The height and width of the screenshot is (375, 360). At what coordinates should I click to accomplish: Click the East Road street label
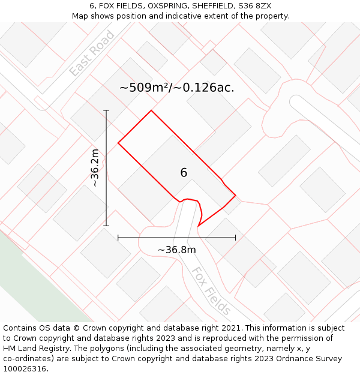pyautogui.click(x=92, y=53)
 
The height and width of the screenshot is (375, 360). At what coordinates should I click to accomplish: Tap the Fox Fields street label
pyautogui.click(x=211, y=291)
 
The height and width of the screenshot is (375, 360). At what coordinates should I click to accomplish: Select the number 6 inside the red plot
pyautogui.click(x=184, y=173)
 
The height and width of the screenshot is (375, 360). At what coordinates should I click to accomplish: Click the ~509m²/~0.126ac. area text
pyautogui.click(x=176, y=88)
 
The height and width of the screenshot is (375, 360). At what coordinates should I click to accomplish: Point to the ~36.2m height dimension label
pyautogui.click(x=95, y=169)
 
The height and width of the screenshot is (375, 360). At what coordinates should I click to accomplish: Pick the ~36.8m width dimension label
pyautogui.click(x=176, y=250)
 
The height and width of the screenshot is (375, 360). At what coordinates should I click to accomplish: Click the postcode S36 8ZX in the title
pyautogui.click(x=256, y=6)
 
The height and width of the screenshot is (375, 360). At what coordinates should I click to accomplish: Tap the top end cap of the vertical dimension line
pyautogui.click(x=106, y=110)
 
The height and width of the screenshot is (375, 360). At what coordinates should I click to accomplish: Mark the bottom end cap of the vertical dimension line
pyautogui.click(x=106, y=226)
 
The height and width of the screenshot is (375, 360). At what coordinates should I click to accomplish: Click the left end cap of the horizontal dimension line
pyautogui.click(x=118, y=238)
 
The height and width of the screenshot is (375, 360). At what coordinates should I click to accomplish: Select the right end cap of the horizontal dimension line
pyautogui.click(x=235, y=238)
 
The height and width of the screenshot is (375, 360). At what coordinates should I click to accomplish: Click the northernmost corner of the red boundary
pyautogui.click(x=151, y=110)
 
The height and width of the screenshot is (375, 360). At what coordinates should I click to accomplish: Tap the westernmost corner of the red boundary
pyautogui.click(x=118, y=143)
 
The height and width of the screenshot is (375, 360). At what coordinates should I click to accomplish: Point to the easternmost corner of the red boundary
pyautogui.click(x=235, y=196)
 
